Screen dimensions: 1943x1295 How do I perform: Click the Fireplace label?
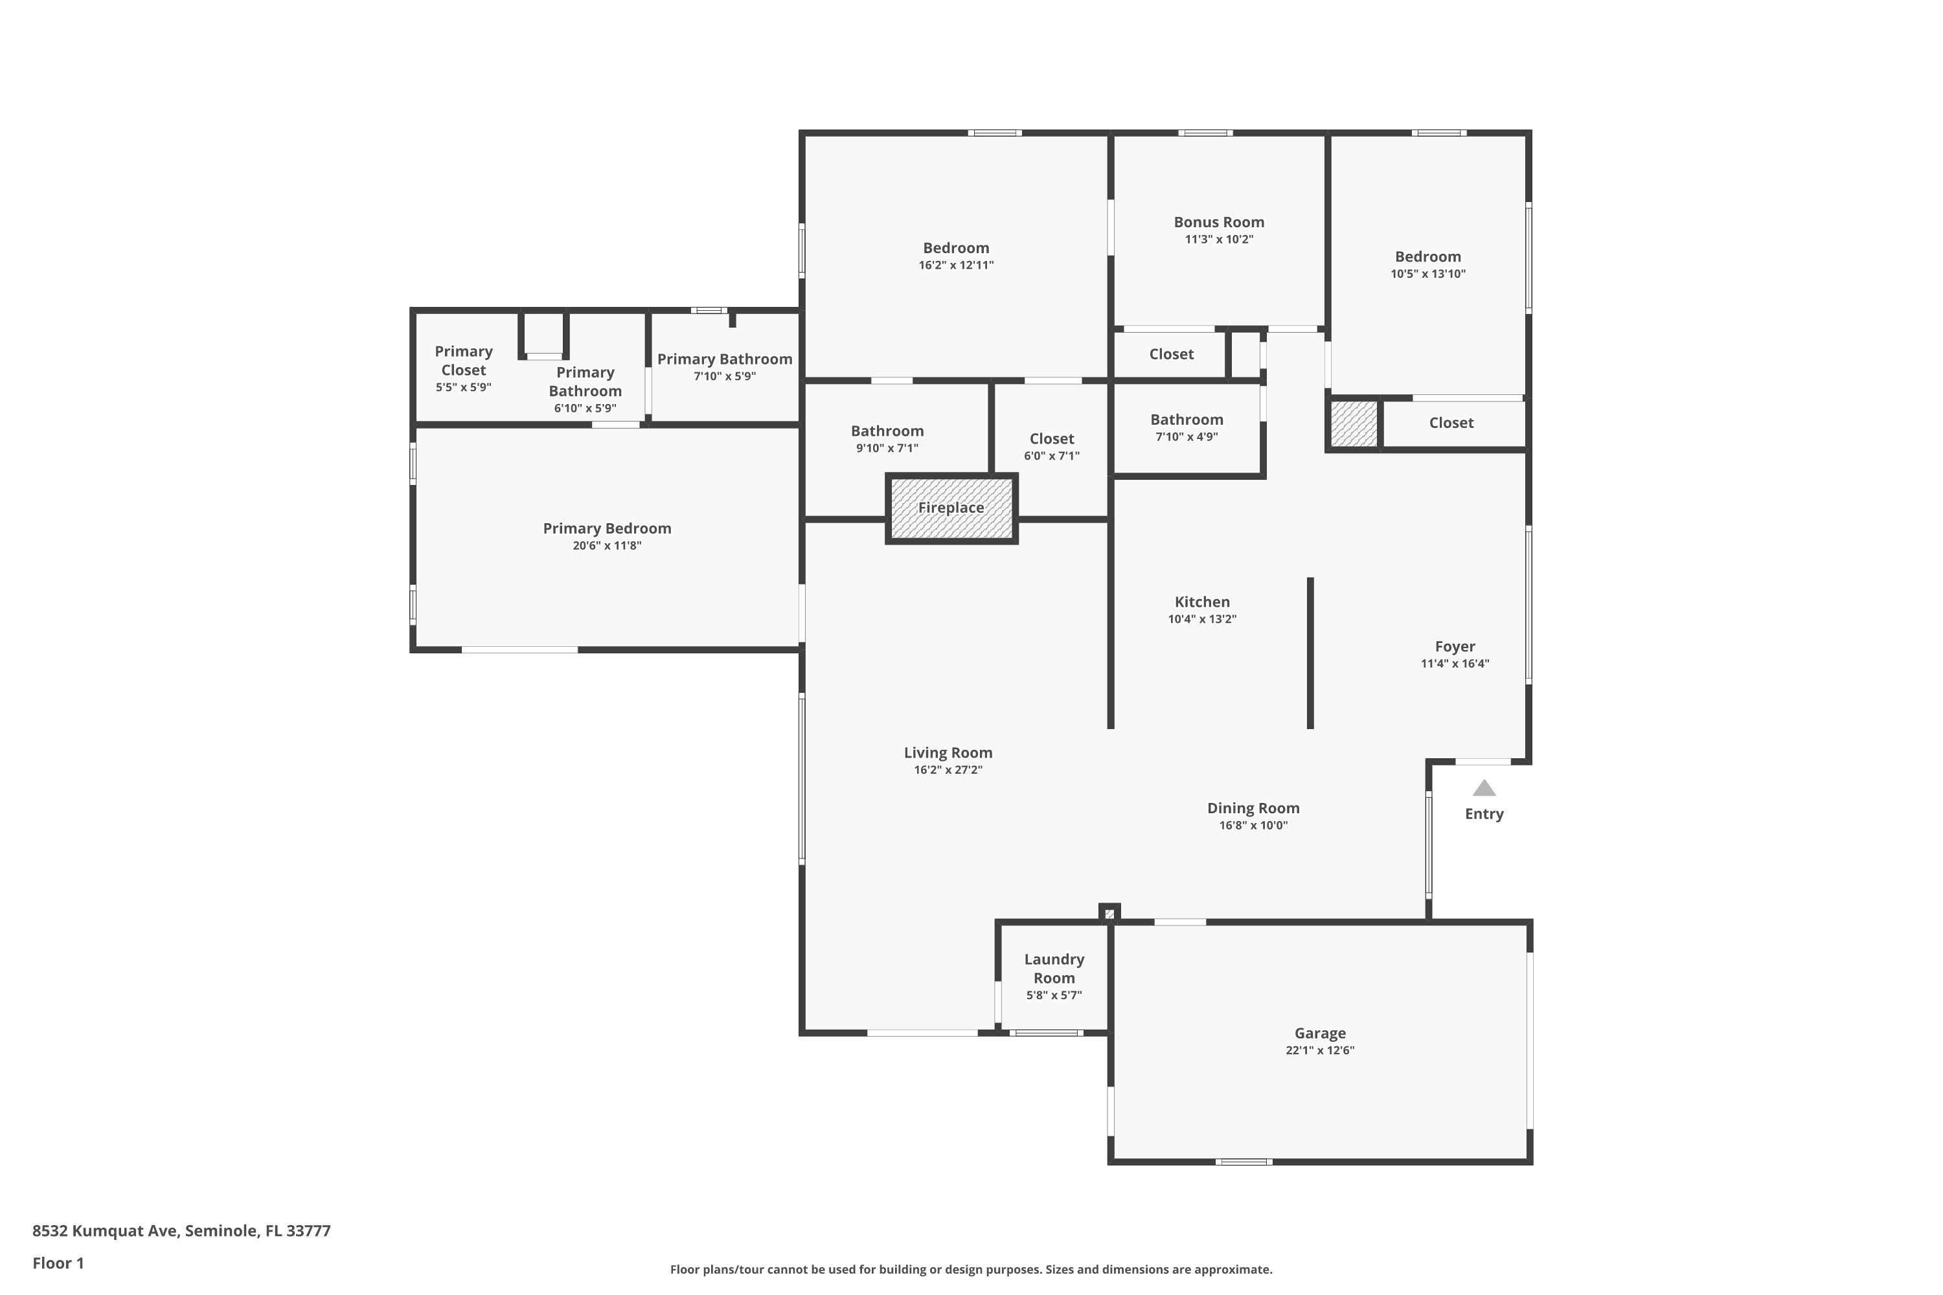tap(951, 508)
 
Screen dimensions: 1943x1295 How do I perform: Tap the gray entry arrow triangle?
tap(1484, 788)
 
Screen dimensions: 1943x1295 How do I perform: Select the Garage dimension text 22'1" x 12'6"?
tap(1319, 1050)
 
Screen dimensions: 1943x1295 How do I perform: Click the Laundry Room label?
tap(1054, 969)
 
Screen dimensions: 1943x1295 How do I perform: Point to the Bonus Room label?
tap(1218, 222)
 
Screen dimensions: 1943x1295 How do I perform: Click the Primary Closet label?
tap(464, 361)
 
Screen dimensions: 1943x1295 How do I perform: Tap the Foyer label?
tap(1455, 647)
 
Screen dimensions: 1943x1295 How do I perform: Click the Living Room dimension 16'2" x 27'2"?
tap(948, 770)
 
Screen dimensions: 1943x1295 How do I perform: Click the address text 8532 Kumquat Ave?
tap(105, 1231)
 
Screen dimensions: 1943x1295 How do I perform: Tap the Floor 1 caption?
tap(58, 1263)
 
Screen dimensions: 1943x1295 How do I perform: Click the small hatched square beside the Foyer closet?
tap(1353, 423)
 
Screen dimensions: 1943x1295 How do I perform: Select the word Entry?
tap(1484, 815)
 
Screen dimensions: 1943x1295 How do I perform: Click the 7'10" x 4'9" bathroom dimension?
tap(1187, 437)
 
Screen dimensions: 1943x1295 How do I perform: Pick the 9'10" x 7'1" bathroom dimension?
tap(887, 449)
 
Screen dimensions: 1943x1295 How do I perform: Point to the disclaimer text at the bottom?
tap(971, 1269)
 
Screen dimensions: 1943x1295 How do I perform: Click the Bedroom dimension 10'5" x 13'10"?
tap(1427, 274)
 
